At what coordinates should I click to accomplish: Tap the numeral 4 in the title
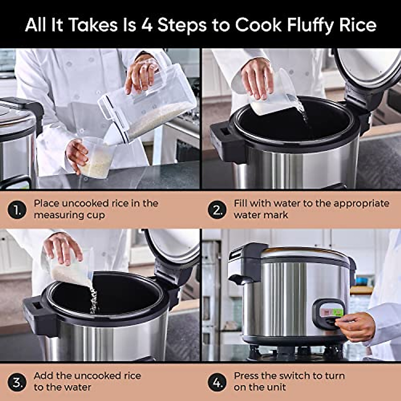(147, 25)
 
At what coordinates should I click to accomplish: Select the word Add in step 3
(44, 376)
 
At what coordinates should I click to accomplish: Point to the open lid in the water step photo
(371, 67)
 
